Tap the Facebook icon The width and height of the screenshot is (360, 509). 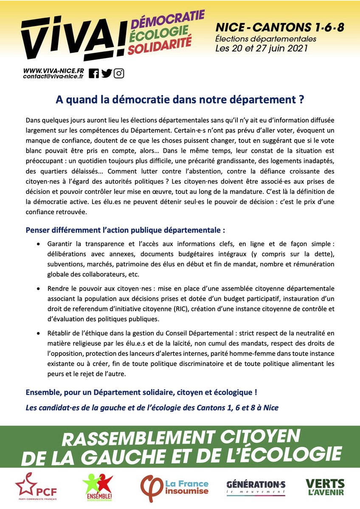(94, 73)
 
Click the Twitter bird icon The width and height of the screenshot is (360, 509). (107, 73)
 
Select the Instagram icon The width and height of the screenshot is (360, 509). (119, 73)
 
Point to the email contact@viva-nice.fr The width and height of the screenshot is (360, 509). (53, 76)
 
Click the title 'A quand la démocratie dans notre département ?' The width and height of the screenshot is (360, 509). (180, 100)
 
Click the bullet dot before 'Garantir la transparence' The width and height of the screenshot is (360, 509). (39, 245)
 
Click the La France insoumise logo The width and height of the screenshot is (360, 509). (174, 487)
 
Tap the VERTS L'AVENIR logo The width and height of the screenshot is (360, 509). (325, 487)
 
